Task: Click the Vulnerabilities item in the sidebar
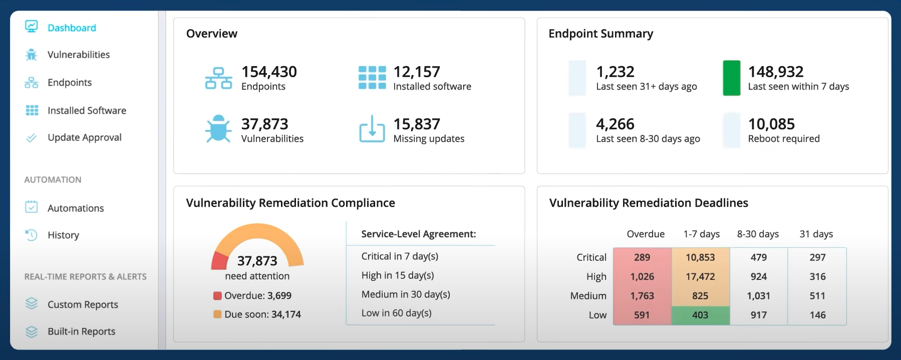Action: (x=79, y=55)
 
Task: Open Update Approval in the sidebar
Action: (x=85, y=137)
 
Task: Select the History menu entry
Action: (x=63, y=235)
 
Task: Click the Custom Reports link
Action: (x=83, y=304)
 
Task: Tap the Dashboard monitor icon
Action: (x=32, y=27)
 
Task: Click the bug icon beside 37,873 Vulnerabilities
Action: (x=218, y=129)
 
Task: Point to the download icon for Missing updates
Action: (x=372, y=129)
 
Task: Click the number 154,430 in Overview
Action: (x=269, y=72)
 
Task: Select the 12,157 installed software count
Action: (x=417, y=72)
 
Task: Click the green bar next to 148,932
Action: (x=732, y=78)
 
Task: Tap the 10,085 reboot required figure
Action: (x=771, y=124)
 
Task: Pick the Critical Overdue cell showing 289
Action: (x=642, y=257)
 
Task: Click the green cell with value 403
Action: (x=700, y=315)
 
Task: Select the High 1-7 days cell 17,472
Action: (x=700, y=276)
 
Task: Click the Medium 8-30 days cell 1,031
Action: (x=758, y=296)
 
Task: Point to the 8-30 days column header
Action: (x=758, y=234)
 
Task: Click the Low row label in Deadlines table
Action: (x=597, y=315)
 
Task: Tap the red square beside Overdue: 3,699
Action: (x=217, y=295)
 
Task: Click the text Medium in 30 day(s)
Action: (x=406, y=294)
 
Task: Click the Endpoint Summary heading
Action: (x=600, y=34)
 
